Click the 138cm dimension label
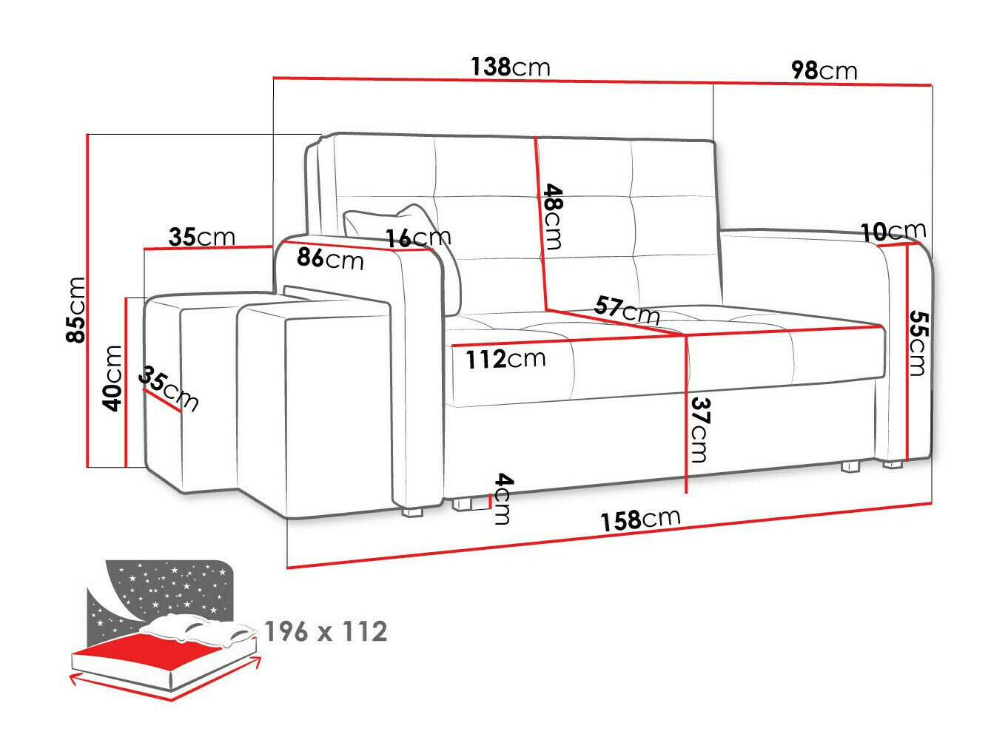tap(511, 67)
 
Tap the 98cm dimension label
tap(824, 70)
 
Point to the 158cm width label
tap(639, 520)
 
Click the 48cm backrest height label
tap(553, 217)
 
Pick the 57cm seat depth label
tap(627, 311)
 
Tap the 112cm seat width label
tap(505, 360)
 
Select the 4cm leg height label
tap(503, 499)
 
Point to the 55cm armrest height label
tap(916, 343)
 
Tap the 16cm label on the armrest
tap(418, 238)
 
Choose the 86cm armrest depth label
tap(330, 259)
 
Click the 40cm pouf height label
tap(112, 378)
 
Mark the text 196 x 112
tap(326, 632)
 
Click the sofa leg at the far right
tap(893, 465)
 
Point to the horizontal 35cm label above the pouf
tap(201, 237)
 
